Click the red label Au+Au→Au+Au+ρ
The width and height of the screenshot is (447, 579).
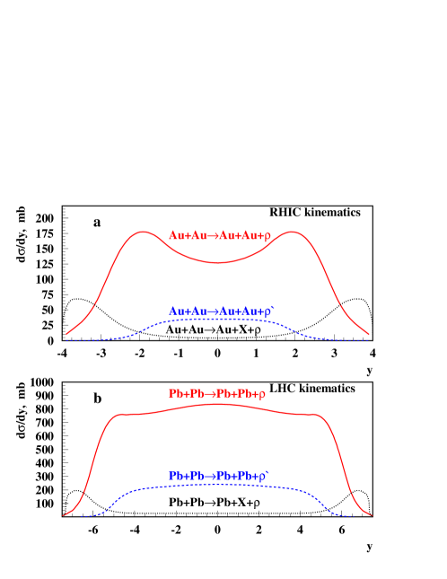click(x=219, y=236)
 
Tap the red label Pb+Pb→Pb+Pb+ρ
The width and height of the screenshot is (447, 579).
click(x=218, y=394)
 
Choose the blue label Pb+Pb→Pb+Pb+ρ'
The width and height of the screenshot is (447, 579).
click(x=220, y=476)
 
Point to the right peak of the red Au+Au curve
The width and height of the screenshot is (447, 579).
click(x=294, y=232)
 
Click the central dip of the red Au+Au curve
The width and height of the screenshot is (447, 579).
click(x=218, y=262)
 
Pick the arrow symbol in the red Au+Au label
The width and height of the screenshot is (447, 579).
click(x=214, y=236)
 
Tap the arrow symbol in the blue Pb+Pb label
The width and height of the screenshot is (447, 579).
click(x=212, y=476)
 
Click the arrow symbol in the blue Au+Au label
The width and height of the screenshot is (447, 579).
click(x=214, y=311)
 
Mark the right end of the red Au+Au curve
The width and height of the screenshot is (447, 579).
click(x=369, y=335)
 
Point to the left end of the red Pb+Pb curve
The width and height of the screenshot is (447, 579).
click(x=65, y=515)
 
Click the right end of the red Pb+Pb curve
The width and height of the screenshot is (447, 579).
click(x=371, y=515)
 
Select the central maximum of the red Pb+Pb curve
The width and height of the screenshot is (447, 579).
click(x=218, y=404)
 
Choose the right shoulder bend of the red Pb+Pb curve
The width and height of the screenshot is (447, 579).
click(x=319, y=415)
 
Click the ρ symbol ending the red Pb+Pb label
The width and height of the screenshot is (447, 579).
click(x=263, y=394)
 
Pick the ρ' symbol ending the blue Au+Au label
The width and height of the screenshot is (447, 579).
click(x=269, y=311)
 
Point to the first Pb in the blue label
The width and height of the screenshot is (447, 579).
click(x=175, y=476)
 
